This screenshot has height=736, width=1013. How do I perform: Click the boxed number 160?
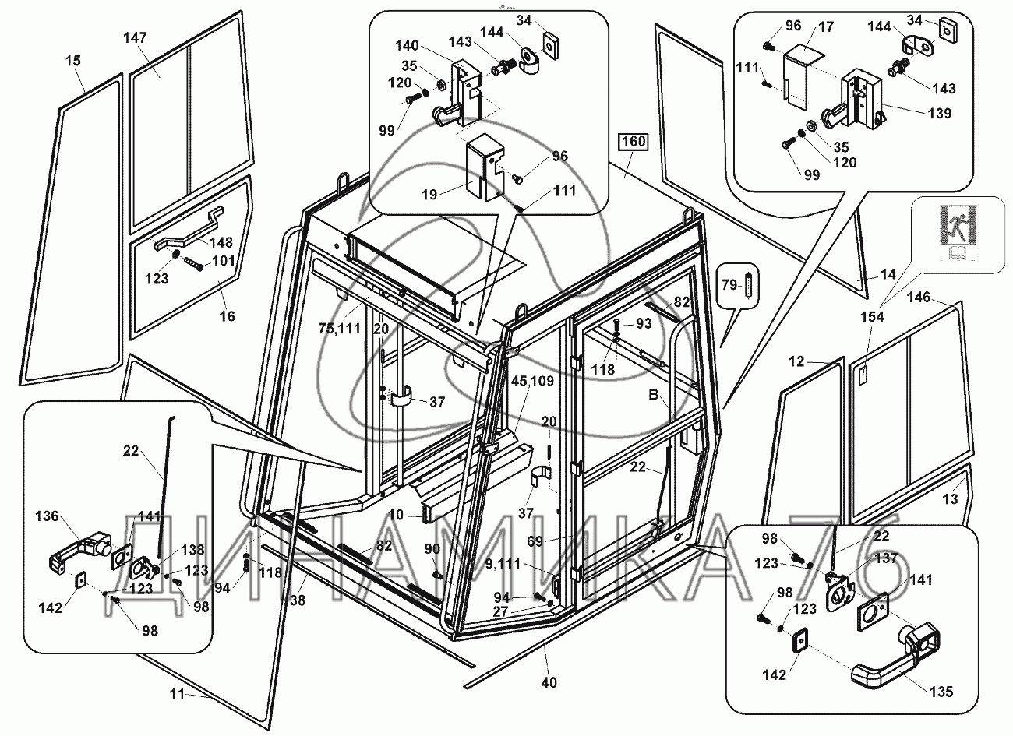pyautogui.click(x=633, y=142)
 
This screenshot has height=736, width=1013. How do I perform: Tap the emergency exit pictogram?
pyautogui.click(x=958, y=225)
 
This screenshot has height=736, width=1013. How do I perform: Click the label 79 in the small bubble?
pyautogui.click(x=728, y=286)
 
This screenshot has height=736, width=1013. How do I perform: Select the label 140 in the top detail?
pyautogui.click(x=407, y=45)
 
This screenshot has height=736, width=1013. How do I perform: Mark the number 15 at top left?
pyautogui.click(x=72, y=59)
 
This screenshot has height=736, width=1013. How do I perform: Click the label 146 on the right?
pyautogui.click(x=919, y=296)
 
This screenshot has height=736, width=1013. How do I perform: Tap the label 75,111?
pyautogui.click(x=338, y=328)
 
